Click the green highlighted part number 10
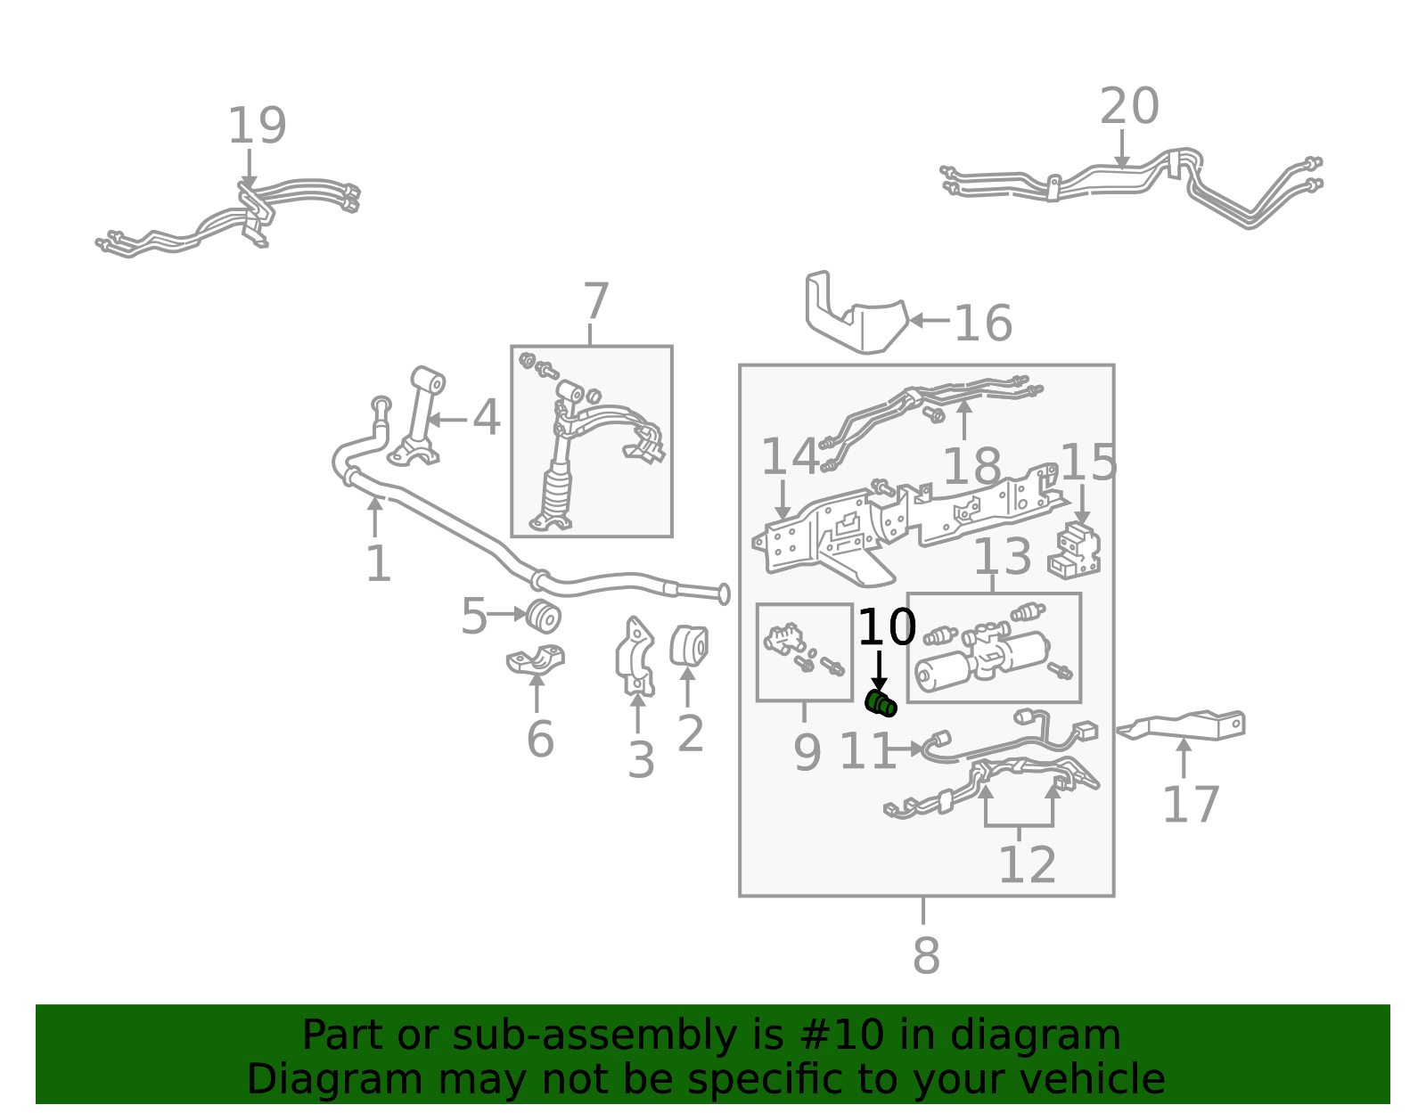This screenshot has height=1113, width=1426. coord(881,704)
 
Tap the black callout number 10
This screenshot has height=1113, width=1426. coord(887,627)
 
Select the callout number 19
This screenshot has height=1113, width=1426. coord(258,126)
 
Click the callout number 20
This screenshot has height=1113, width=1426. coord(1129,105)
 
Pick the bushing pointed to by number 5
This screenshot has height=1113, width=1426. coord(544,616)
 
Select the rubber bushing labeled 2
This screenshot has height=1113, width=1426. coord(689,645)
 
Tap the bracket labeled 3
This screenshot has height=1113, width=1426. coord(635,656)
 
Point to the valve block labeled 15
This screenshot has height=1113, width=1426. coord(1074,551)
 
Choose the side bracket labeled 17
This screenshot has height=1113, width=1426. coord(1181,726)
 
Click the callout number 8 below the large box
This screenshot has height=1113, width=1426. coord(926,955)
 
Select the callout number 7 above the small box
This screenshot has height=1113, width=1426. coord(596,301)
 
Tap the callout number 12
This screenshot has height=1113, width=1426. coord(1027,864)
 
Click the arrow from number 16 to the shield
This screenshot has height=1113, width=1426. coord(930,321)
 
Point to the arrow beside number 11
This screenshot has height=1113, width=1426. coord(906,749)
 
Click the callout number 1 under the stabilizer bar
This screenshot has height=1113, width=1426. coord(379,563)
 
